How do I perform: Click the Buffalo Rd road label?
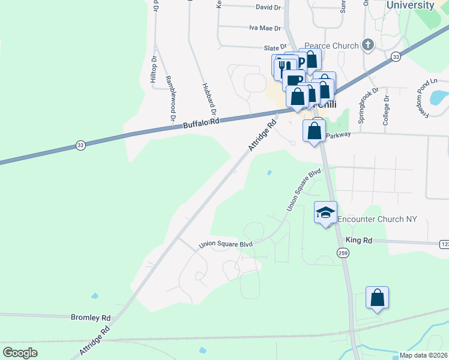point(200,122)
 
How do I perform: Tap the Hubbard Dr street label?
point(208,99)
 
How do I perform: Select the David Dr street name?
point(268,7)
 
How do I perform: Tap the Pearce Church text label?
point(331,46)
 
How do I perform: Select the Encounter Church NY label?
point(377,220)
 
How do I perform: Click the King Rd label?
point(359,240)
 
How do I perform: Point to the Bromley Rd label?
point(91,317)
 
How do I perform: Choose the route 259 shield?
point(343,254)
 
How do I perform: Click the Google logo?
point(20,353)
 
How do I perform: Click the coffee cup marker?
point(294,80)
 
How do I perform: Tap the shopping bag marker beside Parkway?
point(314,130)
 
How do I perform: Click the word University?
point(411,5)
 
